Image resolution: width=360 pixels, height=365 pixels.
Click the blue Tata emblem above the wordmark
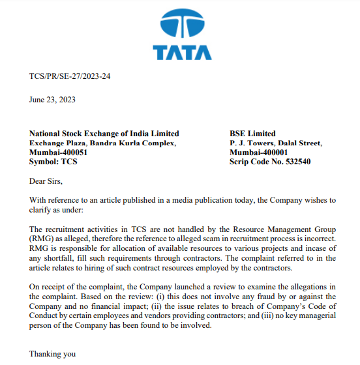coord(181,25)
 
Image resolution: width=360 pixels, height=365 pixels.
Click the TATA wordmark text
coord(182,53)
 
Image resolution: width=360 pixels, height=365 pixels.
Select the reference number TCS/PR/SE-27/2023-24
coord(70,76)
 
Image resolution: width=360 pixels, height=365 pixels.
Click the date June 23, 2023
coord(52,100)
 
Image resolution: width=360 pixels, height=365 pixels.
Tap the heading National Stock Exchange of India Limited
coord(104,134)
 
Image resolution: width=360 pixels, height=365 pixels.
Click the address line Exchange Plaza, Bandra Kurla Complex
coord(102,143)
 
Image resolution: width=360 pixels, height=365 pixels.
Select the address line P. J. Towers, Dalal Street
coord(276,143)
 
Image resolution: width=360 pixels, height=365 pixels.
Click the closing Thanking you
coord(52,354)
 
